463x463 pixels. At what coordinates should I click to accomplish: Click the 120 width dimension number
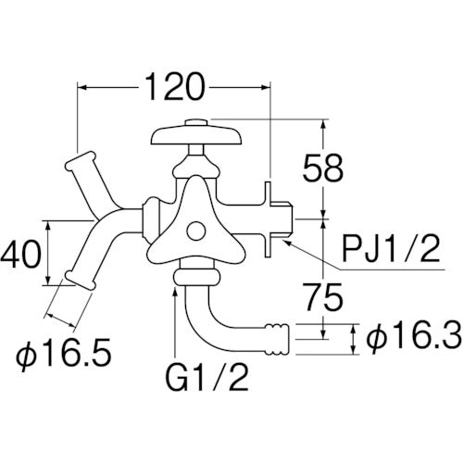[174, 87]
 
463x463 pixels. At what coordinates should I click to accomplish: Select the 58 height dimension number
[323, 169]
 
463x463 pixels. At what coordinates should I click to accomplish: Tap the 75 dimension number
[323, 297]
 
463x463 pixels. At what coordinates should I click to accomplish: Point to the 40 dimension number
[20, 254]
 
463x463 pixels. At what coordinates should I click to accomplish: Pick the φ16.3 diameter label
[415, 338]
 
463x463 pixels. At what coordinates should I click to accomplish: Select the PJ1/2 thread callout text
[390, 249]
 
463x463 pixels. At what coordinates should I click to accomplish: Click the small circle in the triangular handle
[195, 231]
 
